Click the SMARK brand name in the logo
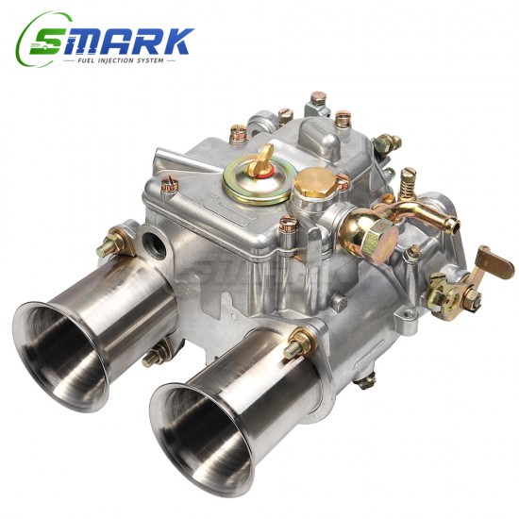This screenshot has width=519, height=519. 127,40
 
